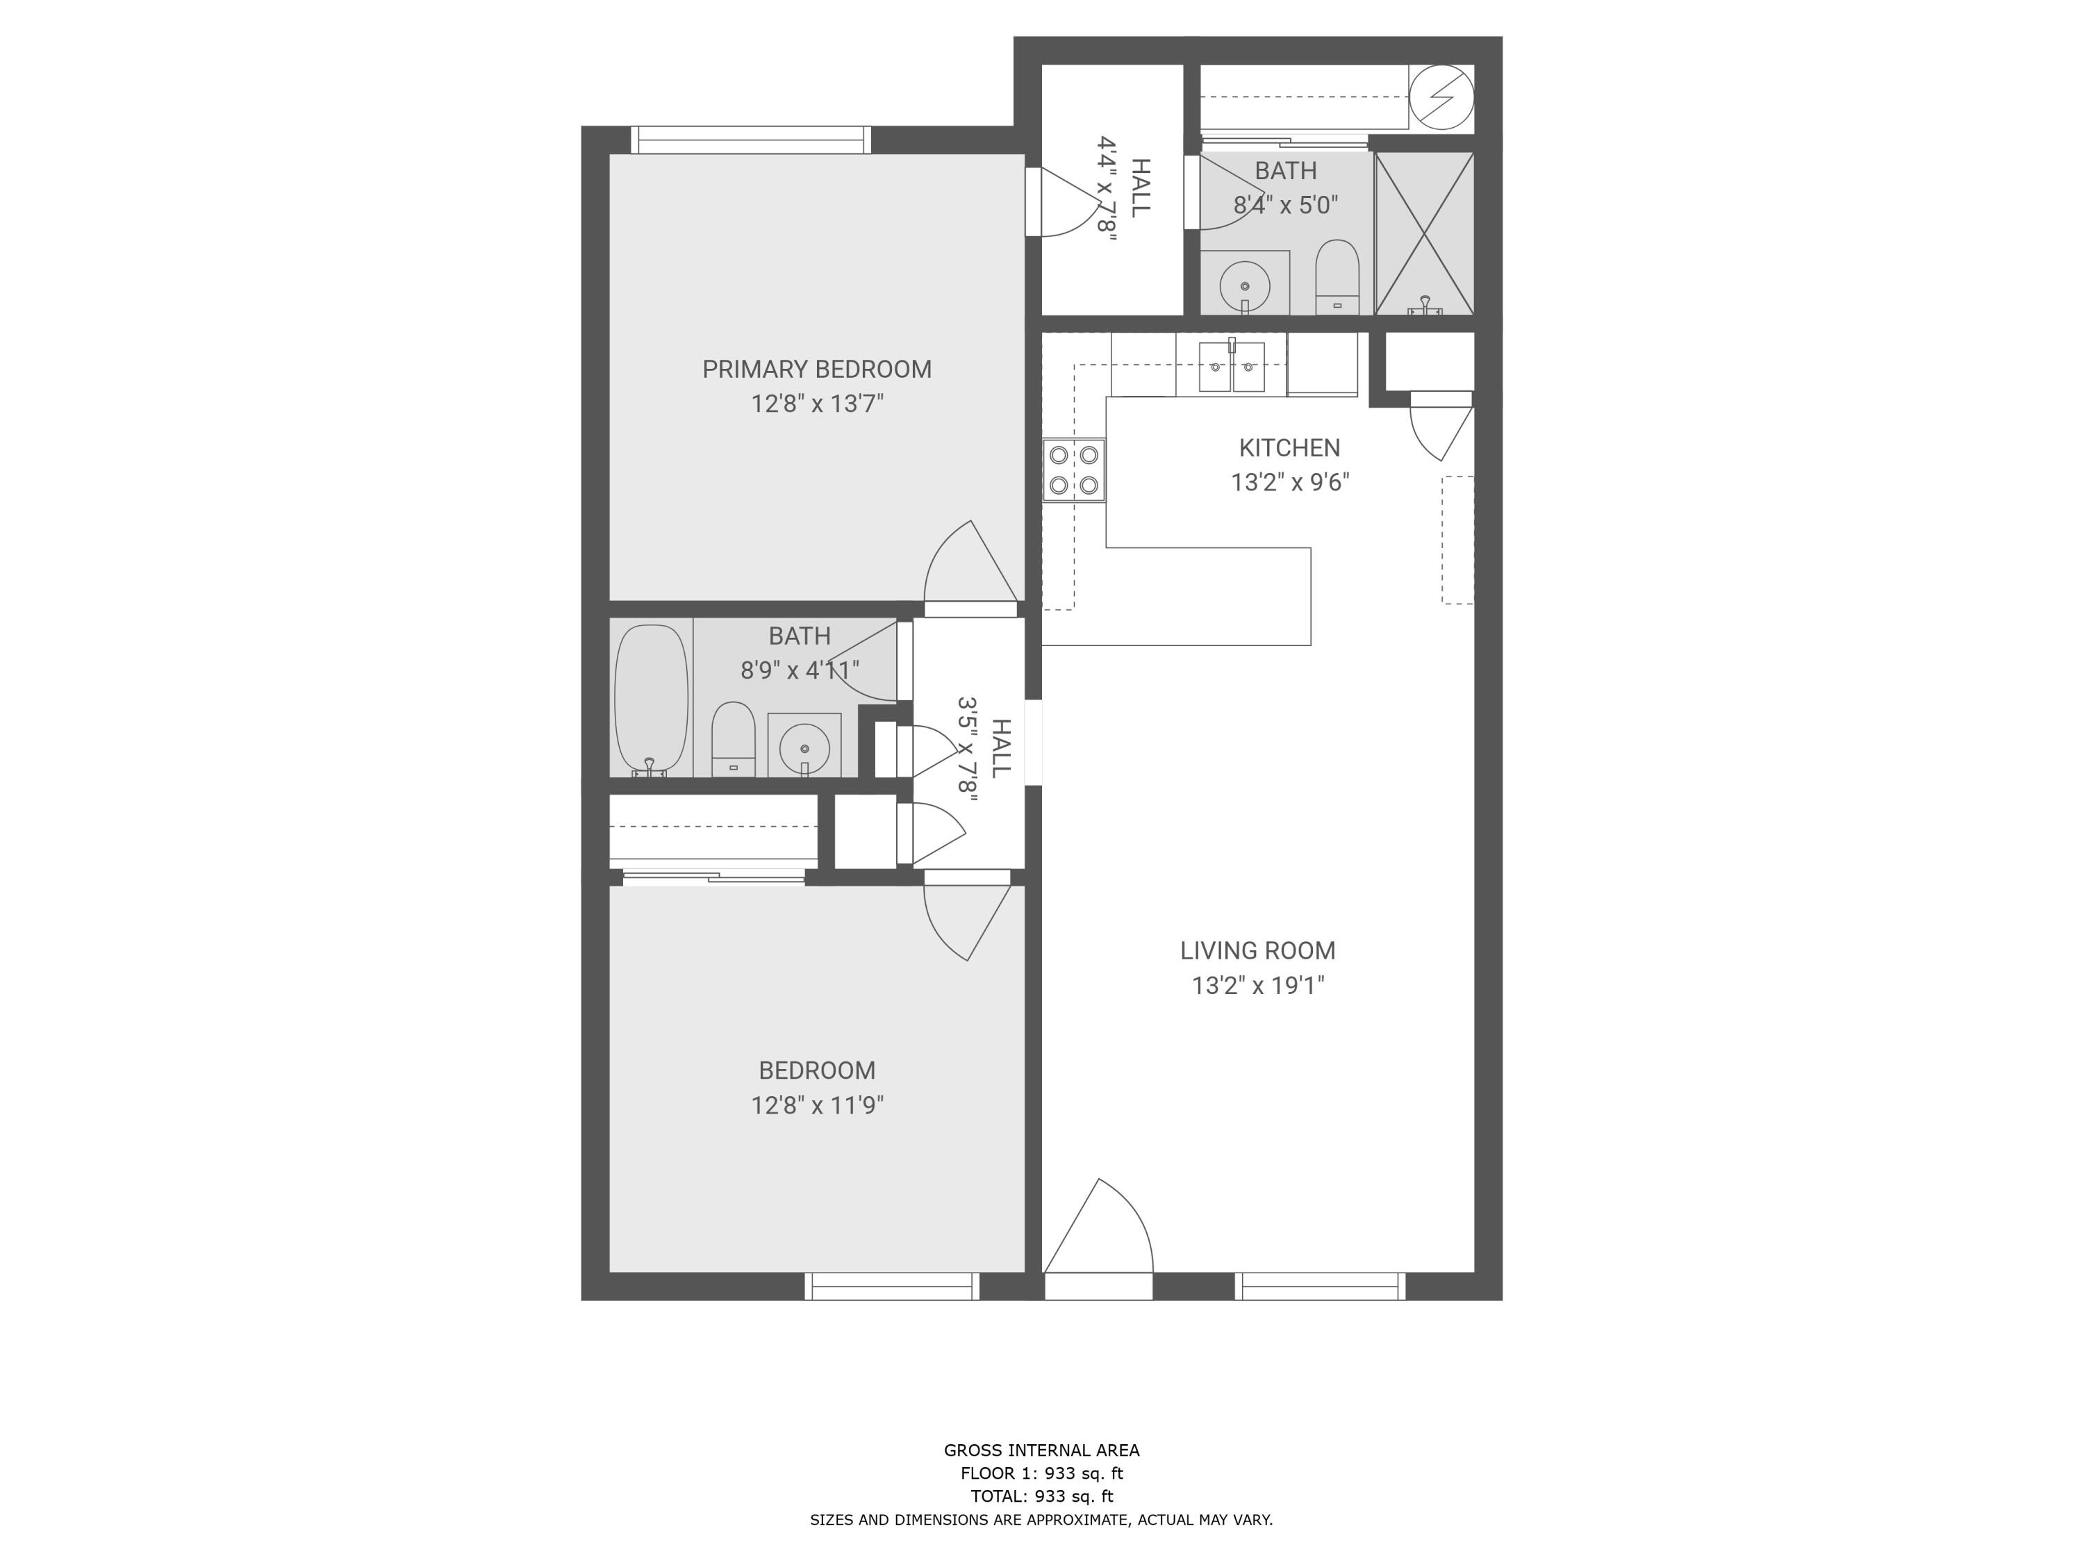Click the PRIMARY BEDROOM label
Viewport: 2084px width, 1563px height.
click(816, 370)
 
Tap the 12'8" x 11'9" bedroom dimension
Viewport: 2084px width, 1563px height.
click(816, 1105)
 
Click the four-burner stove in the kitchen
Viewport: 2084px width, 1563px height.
click(1073, 470)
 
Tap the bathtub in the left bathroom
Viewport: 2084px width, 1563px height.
click(650, 699)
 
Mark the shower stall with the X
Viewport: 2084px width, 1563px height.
click(1423, 233)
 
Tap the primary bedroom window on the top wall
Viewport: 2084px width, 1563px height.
click(750, 140)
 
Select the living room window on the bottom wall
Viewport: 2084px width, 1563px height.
click(1319, 1286)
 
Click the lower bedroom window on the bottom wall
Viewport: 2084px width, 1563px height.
click(891, 1286)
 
